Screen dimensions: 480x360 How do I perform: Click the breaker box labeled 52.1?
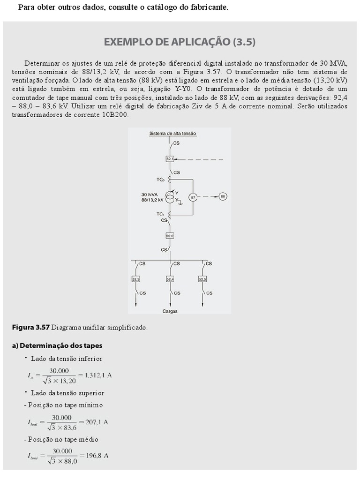coord(170,159)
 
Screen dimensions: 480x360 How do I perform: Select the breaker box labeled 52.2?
coord(170,236)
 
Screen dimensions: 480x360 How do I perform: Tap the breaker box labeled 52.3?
coord(136,279)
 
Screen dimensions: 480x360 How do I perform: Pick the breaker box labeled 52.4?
coord(170,279)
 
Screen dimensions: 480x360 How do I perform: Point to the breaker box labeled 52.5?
coord(202,279)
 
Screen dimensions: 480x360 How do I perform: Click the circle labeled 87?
coord(193,197)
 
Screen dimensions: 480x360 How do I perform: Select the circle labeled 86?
coord(223,196)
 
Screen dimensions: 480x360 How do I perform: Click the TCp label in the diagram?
coord(160,180)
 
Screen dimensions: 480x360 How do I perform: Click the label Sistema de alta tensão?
coord(172,134)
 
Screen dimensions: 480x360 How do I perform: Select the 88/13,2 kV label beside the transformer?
coord(152,200)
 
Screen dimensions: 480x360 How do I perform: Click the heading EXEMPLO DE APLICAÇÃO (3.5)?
coord(180,42)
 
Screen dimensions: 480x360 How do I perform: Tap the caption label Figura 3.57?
coord(30,327)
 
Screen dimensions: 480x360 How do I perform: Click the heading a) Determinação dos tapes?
coord(57,346)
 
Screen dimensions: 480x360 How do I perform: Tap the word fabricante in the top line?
coord(208,7)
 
